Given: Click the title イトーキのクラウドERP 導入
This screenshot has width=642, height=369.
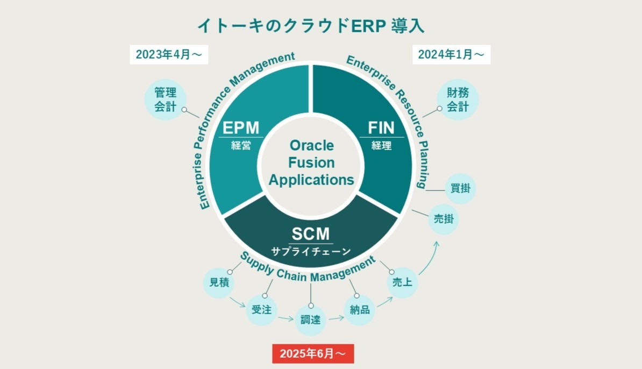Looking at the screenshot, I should tap(311, 25).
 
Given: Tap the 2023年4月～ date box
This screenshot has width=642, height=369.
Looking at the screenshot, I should tap(169, 54).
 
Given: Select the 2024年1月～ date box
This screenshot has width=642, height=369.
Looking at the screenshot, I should tap(451, 54).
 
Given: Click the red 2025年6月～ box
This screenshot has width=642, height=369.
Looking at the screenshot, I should tap(313, 353).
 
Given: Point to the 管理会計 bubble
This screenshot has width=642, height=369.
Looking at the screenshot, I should tap(166, 100).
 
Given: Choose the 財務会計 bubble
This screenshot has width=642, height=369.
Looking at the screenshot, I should tap(458, 100).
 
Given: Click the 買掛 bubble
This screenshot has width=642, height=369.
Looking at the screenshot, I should tap(461, 188).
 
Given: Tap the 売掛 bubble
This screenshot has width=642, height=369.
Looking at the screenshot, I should tap(444, 219).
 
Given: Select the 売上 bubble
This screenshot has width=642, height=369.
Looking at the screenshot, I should tap(402, 282).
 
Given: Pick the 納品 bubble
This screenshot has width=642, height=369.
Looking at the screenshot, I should tap(359, 310).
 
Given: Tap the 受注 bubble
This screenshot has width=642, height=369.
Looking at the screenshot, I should tap(262, 310).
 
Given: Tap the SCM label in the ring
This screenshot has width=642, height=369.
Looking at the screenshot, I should tap(311, 235).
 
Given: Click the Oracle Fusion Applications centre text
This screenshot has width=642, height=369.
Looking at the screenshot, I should tap(311, 162).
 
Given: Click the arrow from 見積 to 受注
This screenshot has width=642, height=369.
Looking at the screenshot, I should tap(237, 303).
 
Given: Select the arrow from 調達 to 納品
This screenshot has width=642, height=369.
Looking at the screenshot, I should tap(336, 318).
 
